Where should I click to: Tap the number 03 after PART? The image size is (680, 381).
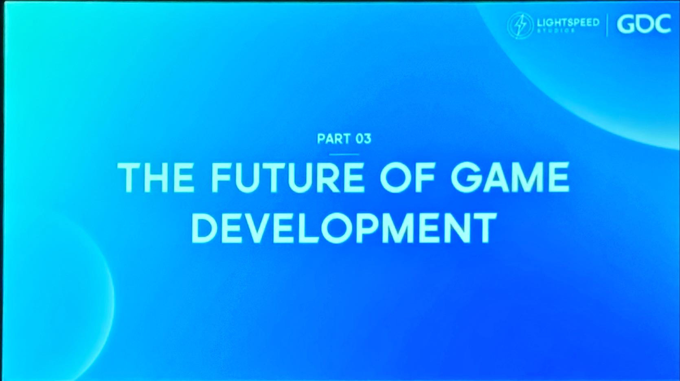[363, 139]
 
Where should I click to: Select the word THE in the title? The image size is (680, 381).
[156, 177]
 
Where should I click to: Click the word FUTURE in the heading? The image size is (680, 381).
[288, 177]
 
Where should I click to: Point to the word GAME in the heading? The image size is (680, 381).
[510, 177]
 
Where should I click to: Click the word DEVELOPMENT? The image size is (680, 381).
[344, 228]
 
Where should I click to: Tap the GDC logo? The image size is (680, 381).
[644, 24]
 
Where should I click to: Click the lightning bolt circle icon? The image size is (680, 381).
[520, 25]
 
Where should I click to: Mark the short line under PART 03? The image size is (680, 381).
[344, 154]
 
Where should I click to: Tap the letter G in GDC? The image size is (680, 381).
[626, 24]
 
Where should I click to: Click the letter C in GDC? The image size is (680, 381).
[662, 24]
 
